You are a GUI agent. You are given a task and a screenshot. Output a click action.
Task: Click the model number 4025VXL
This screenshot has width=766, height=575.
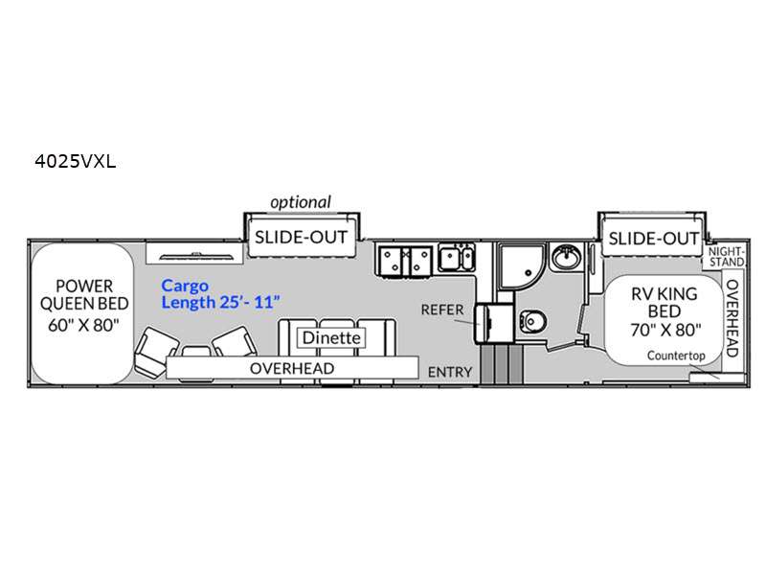(x=76, y=161)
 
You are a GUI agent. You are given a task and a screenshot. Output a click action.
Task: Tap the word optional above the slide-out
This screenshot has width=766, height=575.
(x=301, y=202)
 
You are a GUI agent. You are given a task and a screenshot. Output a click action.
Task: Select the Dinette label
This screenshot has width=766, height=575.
(x=331, y=337)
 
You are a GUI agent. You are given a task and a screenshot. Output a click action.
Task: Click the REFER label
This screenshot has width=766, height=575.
(x=442, y=310)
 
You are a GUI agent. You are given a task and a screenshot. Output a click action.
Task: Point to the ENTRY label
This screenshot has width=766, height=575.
(x=450, y=372)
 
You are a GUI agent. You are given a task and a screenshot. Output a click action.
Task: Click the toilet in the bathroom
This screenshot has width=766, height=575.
(x=533, y=321)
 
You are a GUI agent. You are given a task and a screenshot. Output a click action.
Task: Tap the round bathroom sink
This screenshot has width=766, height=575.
(x=566, y=257)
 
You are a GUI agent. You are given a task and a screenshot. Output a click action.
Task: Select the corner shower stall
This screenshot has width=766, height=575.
(x=521, y=267)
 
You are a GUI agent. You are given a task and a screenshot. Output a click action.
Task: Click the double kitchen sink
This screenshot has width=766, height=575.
(x=457, y=258)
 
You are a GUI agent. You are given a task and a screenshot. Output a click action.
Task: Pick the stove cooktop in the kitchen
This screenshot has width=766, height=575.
(x=405, y=260)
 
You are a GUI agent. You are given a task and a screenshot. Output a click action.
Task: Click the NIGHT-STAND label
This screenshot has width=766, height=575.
(x=727, y=257)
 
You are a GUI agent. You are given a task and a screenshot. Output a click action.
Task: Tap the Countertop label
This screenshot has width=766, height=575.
(x=676, y=356)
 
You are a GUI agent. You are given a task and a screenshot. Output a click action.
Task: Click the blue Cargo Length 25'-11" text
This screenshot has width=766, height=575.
(x=221, y=294)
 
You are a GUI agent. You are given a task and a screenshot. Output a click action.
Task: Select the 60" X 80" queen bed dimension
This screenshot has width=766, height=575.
(x=83, y=325)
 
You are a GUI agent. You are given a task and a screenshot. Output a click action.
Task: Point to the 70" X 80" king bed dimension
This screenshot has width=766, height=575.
(x=665, y=330)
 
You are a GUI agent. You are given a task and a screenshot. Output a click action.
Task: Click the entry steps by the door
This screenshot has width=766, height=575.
(x=501, y=365)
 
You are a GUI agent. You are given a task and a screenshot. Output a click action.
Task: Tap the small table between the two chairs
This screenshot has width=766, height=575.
(x=196, y=352)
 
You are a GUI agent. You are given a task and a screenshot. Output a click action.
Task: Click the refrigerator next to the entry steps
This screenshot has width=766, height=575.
(x=494, y=323)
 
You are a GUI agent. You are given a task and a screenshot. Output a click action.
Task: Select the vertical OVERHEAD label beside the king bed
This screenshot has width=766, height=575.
(x=732, y=318)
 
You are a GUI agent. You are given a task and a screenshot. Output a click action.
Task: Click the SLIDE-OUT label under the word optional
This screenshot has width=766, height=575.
(x=301, y=237)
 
